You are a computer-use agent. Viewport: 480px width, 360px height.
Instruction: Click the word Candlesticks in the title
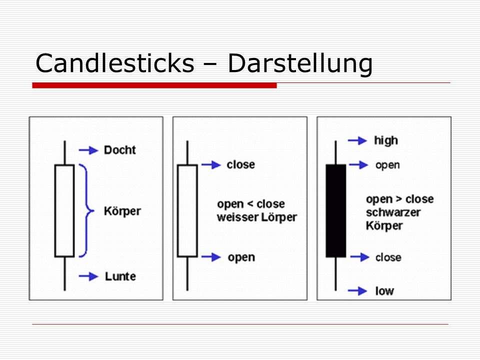point(115,63)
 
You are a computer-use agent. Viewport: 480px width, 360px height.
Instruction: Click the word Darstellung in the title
point(300,63)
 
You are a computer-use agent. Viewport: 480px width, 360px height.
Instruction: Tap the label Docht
point(119,150)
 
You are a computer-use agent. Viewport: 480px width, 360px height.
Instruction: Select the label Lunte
point(120,276)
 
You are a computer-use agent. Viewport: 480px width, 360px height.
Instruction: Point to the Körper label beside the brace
point(122,211)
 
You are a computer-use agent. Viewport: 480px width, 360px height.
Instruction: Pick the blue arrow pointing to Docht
point(88,150)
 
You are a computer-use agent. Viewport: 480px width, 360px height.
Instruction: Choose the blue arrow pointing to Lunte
point(88,276)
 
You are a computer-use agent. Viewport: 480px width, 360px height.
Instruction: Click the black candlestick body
point(336,211)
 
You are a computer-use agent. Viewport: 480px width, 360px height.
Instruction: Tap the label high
point(386,141)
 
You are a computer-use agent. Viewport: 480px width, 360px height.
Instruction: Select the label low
point(384,291)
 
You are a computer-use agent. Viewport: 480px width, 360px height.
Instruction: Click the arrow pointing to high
point(357,140)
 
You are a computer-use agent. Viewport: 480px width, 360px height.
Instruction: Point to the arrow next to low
point(357,291)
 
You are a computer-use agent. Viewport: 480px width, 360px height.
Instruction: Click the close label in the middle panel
point(240,164)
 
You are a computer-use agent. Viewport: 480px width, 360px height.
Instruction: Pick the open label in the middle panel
point(241,258)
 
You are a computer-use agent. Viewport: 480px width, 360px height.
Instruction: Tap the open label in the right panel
point(387,165)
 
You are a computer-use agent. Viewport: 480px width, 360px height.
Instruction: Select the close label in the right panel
point(388,257)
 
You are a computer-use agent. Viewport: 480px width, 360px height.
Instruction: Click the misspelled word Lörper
point(279,217)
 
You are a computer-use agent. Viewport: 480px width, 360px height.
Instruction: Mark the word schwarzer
point(393,212)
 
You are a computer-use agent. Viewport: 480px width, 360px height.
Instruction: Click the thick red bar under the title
point(154,85)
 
